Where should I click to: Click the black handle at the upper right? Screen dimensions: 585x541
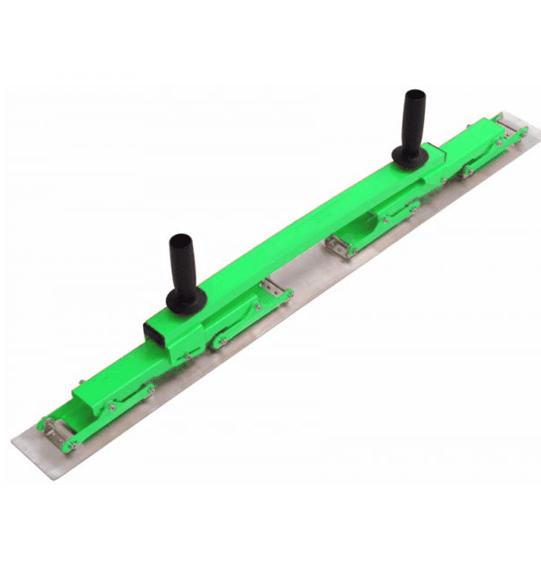coord(413,125)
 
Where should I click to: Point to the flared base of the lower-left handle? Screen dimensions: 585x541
coord(187,300)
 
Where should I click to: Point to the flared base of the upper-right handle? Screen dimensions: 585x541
coord(410,158)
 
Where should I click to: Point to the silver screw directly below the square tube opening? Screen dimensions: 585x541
coord(188,357)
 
